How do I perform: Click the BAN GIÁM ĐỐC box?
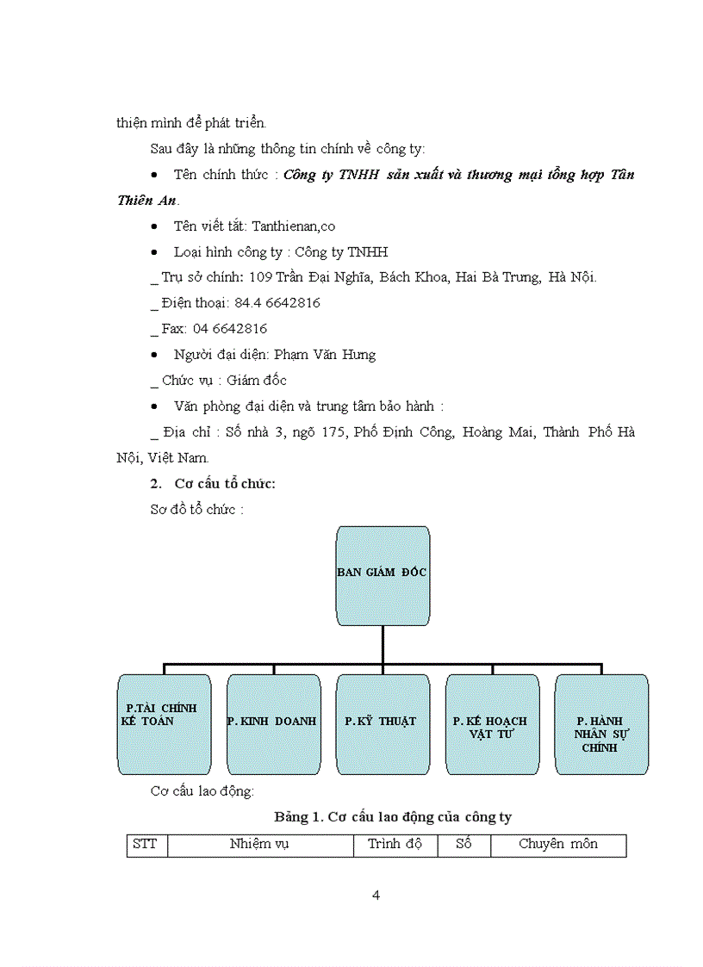coord(383,575)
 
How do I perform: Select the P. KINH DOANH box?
coord(273,724)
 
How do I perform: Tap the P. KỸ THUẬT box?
coord(383,724)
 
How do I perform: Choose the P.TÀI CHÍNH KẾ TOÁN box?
coord(164,724)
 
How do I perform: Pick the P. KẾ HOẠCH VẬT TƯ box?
coord(492,724)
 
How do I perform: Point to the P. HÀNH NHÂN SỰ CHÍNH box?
coord(601,724)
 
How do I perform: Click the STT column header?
coord(146,845)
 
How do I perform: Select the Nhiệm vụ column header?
coord(259,845)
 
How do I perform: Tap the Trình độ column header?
coord(395,845)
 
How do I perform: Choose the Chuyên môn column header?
coord(557,845)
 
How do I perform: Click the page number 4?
coord(376,895)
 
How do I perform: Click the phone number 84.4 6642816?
coord(277,303)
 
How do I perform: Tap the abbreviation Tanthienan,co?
coord(293,226)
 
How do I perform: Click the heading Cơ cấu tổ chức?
coord(225,484)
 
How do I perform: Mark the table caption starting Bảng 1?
coord(393,816)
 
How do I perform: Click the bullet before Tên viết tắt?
coord(153,226)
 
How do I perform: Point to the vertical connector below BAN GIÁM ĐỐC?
coord(383,644)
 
